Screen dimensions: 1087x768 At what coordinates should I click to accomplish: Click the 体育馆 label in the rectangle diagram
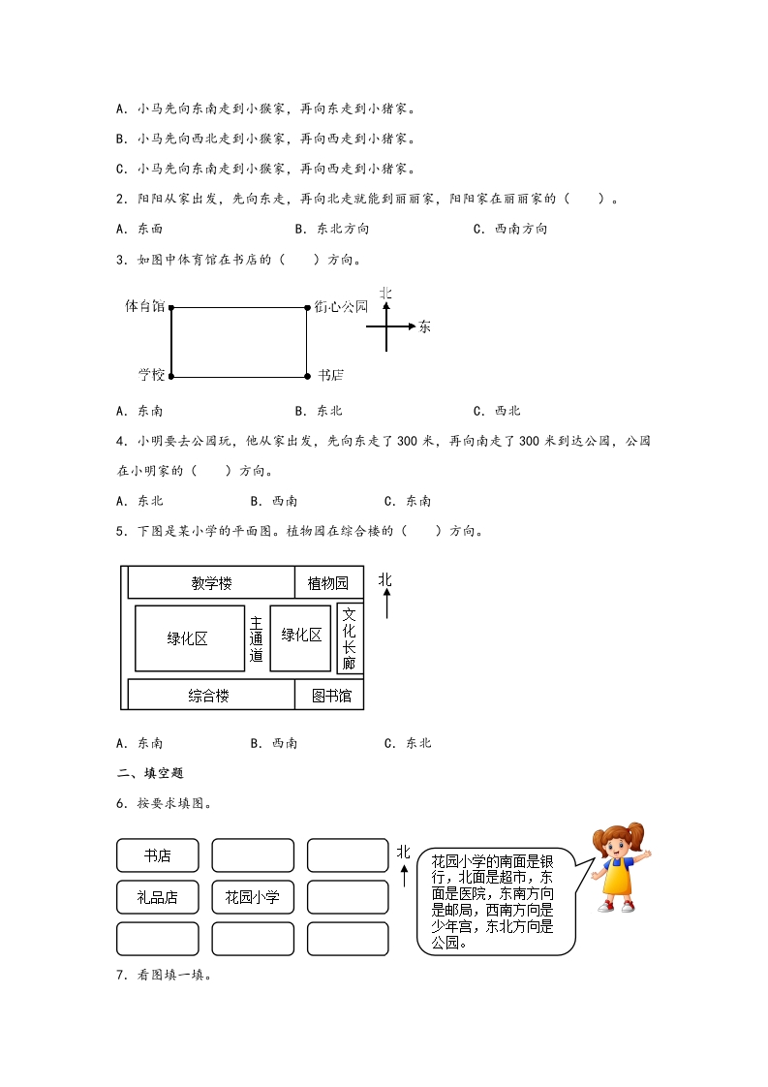145,306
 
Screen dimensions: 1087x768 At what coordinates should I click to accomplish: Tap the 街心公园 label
341,306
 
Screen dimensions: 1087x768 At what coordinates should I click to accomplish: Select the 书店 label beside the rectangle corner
330,375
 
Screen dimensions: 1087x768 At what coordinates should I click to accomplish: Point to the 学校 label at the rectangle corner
151,374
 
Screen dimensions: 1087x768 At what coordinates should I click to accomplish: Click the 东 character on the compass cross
424,326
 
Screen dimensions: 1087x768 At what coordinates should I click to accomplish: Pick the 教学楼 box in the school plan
211,583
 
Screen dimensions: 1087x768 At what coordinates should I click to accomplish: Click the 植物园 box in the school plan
328,583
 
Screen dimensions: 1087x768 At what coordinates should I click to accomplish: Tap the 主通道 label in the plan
257,638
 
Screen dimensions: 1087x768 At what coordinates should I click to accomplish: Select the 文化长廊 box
350,638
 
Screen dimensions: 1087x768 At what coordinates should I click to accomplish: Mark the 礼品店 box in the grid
157,897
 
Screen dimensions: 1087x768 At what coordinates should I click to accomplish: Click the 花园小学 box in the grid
252,897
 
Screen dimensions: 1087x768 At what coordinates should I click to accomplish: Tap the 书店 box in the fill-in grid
157,855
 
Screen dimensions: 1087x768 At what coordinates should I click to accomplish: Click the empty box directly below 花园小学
252,939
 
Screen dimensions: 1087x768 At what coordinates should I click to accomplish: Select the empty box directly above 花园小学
252,855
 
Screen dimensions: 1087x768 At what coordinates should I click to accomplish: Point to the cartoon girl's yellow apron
617,876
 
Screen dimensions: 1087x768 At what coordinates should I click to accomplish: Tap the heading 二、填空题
149,773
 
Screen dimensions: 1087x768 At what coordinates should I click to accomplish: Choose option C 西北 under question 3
498,411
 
